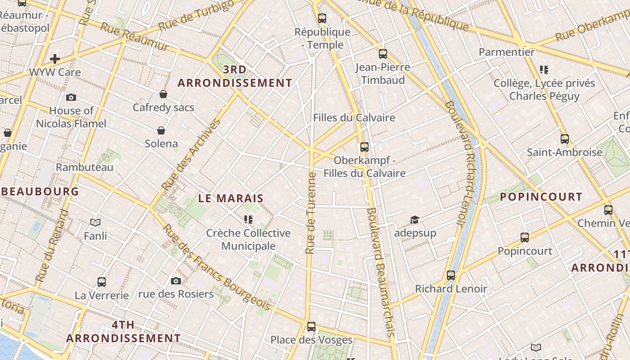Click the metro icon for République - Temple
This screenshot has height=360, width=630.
click(322, 18)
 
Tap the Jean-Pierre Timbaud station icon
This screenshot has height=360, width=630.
click(383, 54)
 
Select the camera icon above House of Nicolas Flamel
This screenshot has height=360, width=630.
click(71, 97)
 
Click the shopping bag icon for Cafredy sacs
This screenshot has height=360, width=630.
click(163, 94)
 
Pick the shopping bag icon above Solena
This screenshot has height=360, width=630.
click(161, 130)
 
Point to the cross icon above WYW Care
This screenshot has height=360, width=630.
click(55, 58)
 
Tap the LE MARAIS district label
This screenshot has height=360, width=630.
click(231, 198)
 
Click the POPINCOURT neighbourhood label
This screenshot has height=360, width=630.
click(541, 197)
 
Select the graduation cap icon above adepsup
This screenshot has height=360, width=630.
click(414, 220)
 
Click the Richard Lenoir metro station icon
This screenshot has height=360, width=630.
click(451, 275)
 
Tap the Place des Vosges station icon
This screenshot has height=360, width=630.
click(311, 327)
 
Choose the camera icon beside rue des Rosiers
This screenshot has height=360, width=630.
click(176, 281)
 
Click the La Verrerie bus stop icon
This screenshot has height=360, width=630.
click(102, 282)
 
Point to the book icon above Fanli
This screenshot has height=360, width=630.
click(95, 222)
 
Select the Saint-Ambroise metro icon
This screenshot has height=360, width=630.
click(565, 139)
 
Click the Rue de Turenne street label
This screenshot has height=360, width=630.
click(310, 212)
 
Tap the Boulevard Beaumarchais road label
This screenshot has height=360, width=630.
click(380, 272)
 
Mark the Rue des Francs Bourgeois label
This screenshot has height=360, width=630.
click(216, 267)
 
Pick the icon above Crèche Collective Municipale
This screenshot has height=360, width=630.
click(248, 220)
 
